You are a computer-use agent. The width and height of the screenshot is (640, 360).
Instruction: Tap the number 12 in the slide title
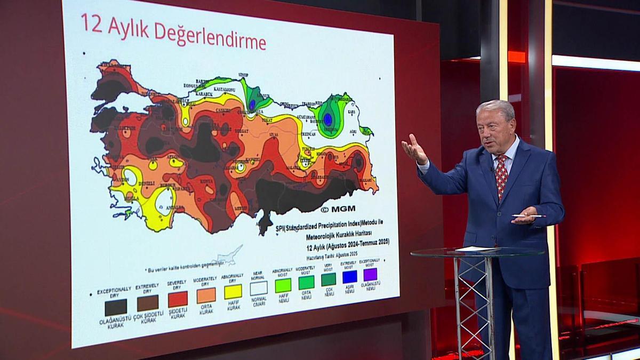click(x=91, y=23)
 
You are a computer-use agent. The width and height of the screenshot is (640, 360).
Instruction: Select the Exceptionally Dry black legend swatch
click(x=116, y=307)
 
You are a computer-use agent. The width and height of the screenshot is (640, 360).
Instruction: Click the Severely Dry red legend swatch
click(x=178, y=299)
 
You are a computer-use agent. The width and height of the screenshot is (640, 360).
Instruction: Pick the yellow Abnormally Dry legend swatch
click(x=233, y=292)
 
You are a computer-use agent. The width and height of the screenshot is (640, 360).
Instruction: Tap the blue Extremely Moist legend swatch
click(x=349, y=277)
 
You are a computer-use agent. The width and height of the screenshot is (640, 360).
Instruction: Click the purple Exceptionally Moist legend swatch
click(x=370, y=274)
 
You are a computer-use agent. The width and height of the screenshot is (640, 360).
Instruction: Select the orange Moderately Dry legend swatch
click(x=206, y=295)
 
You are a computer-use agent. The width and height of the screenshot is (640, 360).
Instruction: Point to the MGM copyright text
click(x=338, y=209)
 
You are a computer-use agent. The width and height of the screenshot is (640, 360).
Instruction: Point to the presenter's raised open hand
click(x=414, y=149)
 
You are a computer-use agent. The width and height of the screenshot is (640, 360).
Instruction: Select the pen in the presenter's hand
click(x=529, y=216)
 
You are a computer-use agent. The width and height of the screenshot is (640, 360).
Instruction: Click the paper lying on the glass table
click(x=477, y=249)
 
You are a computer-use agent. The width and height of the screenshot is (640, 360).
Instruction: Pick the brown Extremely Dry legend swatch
click(x=148, y=303)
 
